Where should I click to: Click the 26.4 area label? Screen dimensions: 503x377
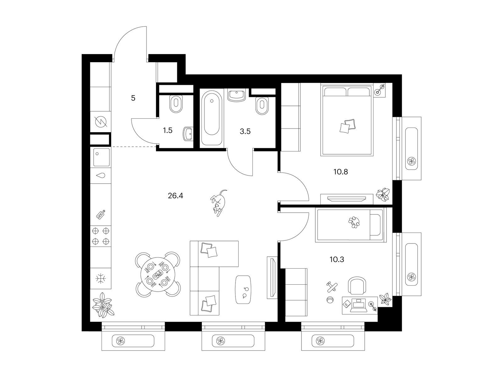coord(175,196)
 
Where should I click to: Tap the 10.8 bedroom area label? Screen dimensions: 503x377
coord(341,172)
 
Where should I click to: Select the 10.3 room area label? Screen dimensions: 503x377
coord(337,260)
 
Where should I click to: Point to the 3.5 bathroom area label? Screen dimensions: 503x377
coord(245,131)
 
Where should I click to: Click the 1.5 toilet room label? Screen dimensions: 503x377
coord(168,130)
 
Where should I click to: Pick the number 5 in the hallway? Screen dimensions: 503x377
coord(133,98)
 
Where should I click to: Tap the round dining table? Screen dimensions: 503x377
coord(158,274)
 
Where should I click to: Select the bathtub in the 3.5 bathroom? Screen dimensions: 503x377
coord(212,113)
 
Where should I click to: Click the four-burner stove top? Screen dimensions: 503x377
coord(100,236)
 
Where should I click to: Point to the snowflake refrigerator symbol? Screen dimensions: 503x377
coord(100,279)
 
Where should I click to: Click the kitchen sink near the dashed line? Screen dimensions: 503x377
coord(101,157)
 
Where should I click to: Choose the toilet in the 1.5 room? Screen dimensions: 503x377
coord(176,104)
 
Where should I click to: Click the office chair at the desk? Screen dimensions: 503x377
coord(357,285)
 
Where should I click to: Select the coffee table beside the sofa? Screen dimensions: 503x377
coord(243,290)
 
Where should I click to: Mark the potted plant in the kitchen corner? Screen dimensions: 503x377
coord(103,305)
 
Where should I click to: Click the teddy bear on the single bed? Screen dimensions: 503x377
coord(354,222)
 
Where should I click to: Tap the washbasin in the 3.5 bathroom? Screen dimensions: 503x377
coord(236,95)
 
